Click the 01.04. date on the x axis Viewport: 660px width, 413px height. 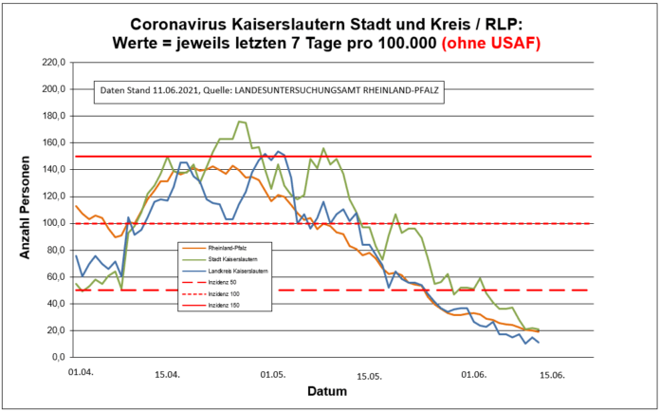pyautogui.click(x=80, y=375)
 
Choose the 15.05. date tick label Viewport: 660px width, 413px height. pyautogui.click(x=368, y=375)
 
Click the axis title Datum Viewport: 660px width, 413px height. pyautogui.click(x=326, y=391)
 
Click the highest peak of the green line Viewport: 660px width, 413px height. pyautogui.click(x=240, y=122)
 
